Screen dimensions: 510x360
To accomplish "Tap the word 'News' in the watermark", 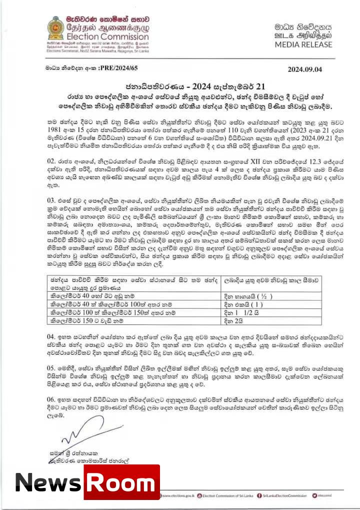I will tap(47, 481).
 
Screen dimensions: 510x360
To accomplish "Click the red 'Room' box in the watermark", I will tap(121, 481).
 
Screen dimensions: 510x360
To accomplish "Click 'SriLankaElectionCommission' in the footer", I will tap(290, 496).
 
